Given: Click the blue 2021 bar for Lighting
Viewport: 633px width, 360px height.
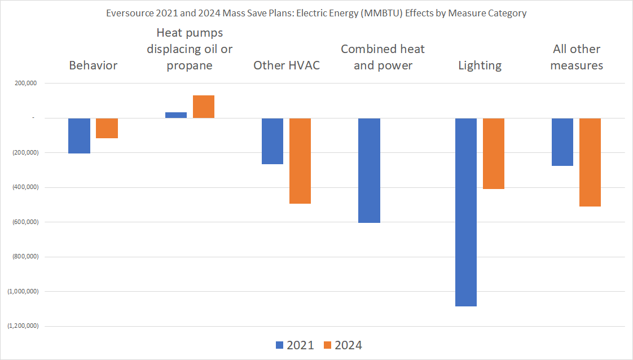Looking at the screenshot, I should tap(466, 212).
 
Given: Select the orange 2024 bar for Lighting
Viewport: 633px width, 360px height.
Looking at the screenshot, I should tap(493, 153).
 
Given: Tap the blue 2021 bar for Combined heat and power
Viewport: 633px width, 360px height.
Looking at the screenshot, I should tap(369, 170).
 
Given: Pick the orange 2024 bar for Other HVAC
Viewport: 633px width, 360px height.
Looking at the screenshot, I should tap(300, 161).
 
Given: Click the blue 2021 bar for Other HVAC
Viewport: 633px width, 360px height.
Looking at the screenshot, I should tap(272, 141).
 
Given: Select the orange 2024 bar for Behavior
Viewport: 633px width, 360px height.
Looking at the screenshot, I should tap(107, 128).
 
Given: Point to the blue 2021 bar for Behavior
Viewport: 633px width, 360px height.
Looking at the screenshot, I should tap(80, 135).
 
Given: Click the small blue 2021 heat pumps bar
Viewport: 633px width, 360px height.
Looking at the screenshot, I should tap(176, 115).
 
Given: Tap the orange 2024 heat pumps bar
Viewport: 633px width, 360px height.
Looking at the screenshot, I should tap(204, 107).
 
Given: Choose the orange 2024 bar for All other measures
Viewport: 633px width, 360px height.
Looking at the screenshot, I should tap(590, 162).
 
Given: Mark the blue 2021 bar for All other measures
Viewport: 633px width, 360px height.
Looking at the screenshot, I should tap(562, 142).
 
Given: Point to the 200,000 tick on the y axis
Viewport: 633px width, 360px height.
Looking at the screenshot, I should tap(24, 84).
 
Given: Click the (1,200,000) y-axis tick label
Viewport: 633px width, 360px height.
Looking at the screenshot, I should tap(22, 326).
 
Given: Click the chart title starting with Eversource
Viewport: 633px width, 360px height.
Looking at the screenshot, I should tap(316, 14).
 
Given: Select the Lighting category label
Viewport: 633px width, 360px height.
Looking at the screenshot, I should tap(480, 65).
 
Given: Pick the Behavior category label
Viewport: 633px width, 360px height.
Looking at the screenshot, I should tap(93, 65).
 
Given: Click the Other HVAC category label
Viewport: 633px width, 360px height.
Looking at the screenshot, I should tap(287, 65).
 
